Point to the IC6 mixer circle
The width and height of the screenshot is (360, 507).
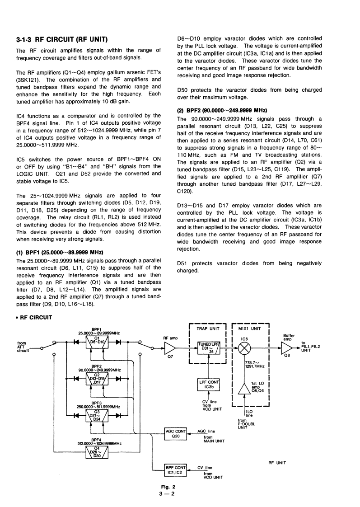point(244,348)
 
